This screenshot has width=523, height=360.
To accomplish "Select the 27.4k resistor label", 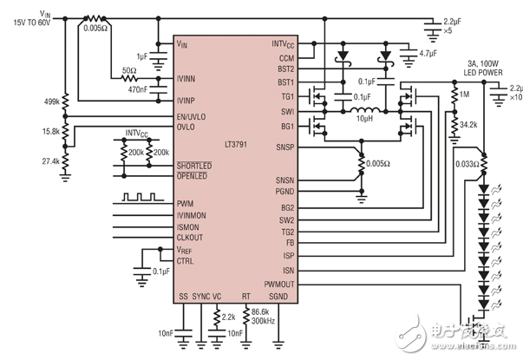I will click(x=48, y=161).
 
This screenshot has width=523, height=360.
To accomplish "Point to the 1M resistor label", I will click(x=466, y=95).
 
